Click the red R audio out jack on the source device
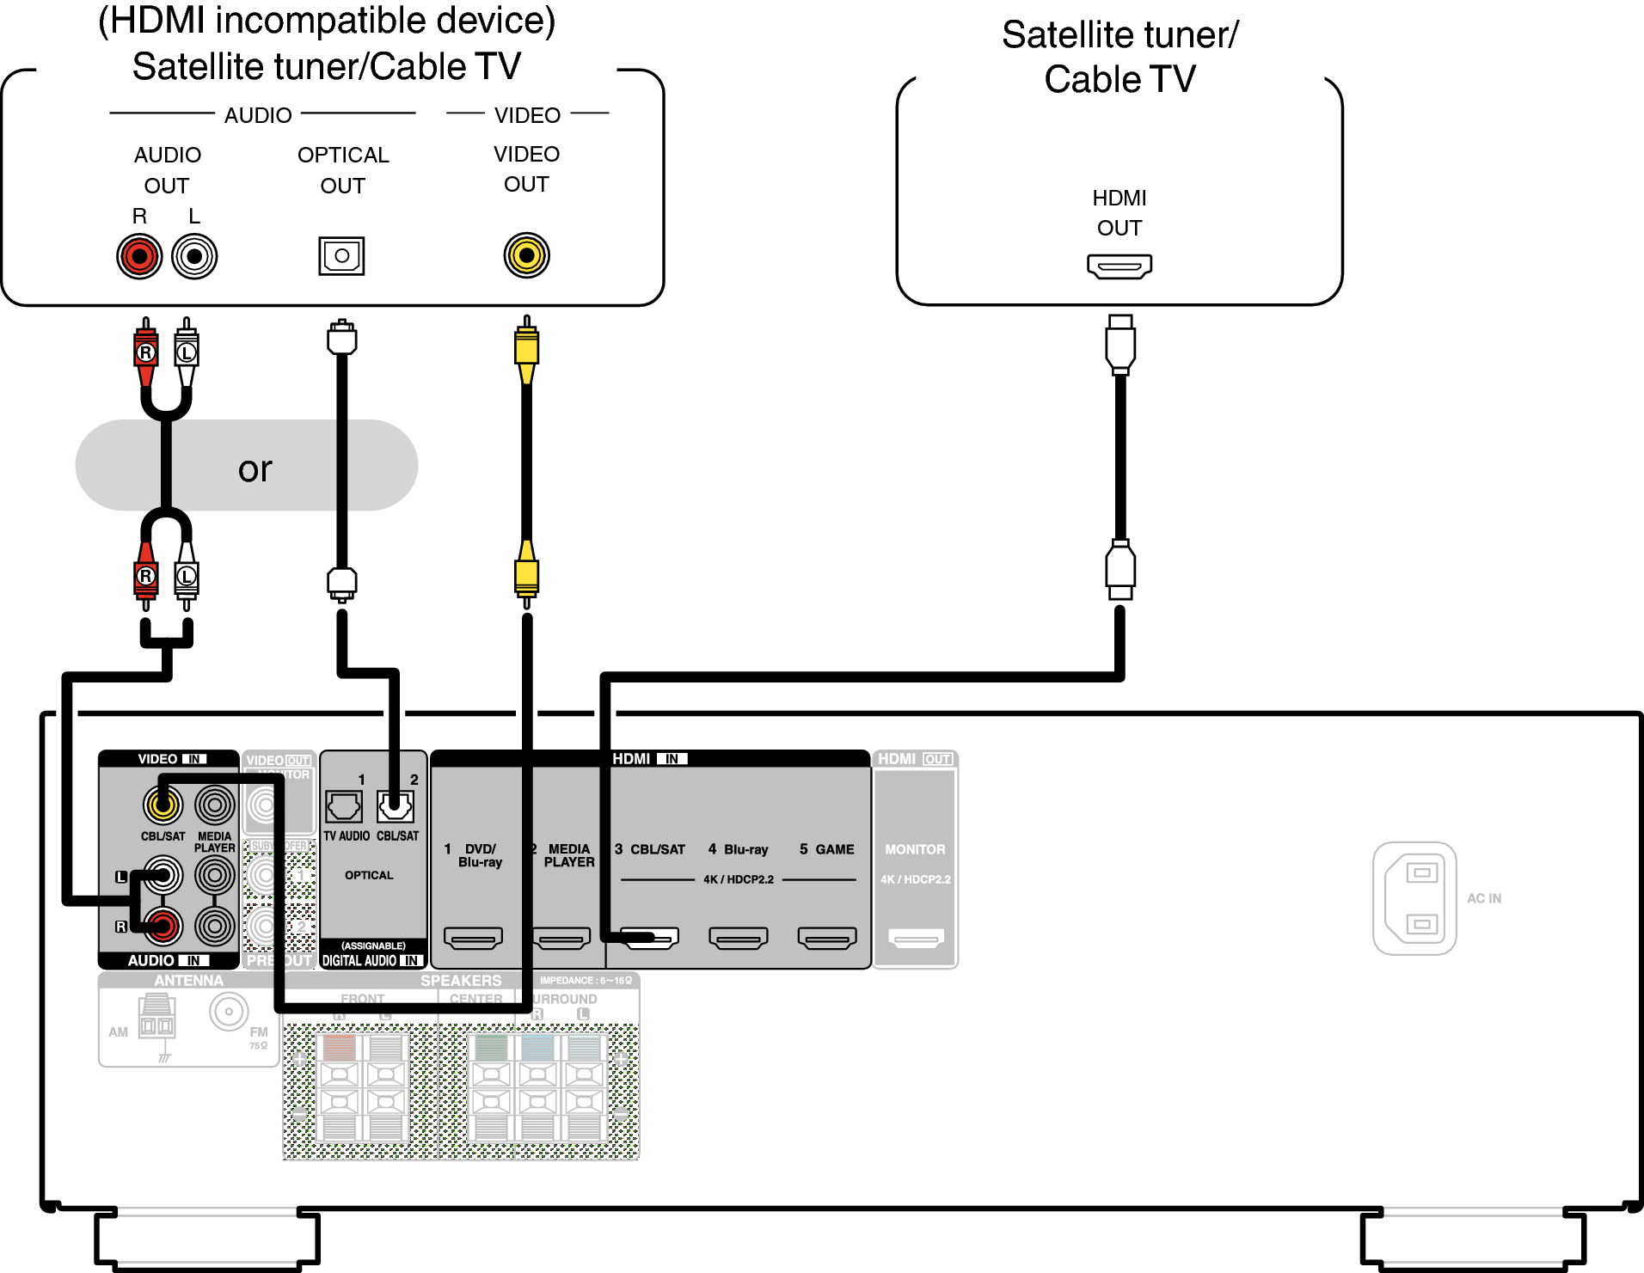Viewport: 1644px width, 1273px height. point(139,256)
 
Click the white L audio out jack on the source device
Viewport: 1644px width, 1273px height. point(194,256)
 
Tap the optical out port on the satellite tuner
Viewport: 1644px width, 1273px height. point(341,255)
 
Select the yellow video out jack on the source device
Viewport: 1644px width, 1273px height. point(526,255)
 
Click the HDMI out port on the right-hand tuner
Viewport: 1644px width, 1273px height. point(1119,266)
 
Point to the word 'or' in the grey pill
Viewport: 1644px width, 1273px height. point(255,468)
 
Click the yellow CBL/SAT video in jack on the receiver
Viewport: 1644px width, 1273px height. point(163,805)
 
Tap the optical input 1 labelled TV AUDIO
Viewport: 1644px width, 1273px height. point(344,806)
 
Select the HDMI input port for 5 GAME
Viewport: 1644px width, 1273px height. point(827,938)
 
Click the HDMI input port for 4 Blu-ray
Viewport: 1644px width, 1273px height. point(738,938)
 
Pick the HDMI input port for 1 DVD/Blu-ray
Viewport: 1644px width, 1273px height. point(473,938)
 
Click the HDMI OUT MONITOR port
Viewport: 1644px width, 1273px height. point(916,938)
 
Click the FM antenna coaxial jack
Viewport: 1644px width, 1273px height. point(229,1012)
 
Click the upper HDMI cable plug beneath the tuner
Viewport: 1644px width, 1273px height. point(1120,344)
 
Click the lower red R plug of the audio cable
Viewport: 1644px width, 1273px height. point(146,578)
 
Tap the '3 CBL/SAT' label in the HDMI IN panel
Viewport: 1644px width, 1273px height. point(650,849)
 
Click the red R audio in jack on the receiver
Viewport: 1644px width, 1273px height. point(163,926)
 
